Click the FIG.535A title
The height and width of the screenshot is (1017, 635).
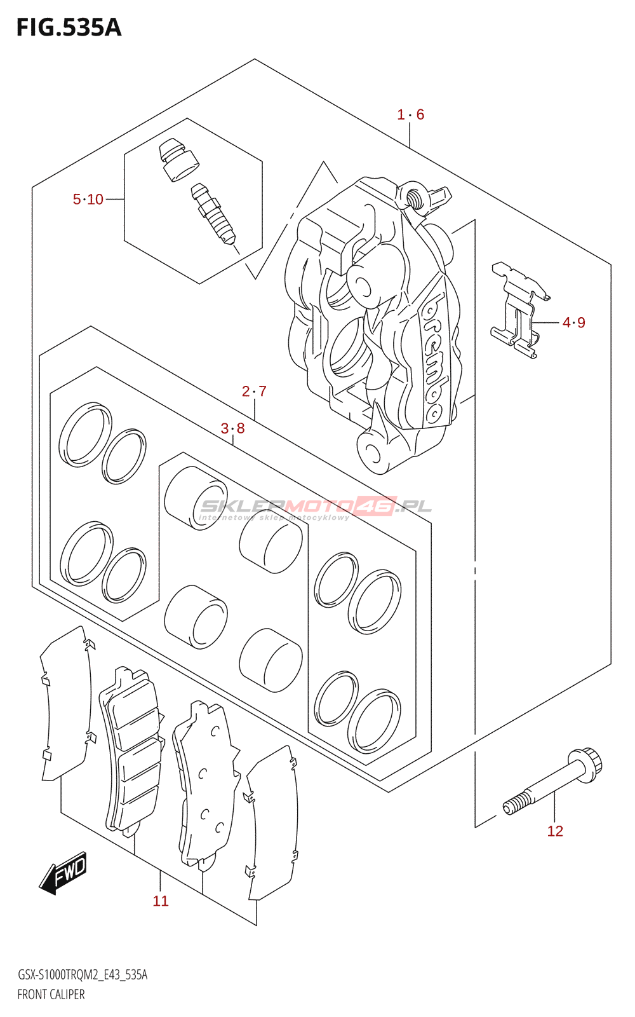[x=69, y=28]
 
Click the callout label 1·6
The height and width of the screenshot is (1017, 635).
[x=411, y=114]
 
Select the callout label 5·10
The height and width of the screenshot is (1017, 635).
[x=88, y=200]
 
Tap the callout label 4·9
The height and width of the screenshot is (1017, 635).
[x=574, y=323]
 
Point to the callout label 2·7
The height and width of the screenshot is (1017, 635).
[x=254, y=392]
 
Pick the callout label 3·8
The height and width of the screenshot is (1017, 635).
[x=232, y=428]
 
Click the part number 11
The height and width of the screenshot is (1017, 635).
[x=161, y=901]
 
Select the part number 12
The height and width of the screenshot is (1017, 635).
[x=555, y=831]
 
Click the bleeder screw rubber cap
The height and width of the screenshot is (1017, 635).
[x=178, y=159]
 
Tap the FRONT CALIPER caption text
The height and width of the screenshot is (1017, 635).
[x=51, y=995]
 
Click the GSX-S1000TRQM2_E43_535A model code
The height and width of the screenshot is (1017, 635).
[x=83, y=975]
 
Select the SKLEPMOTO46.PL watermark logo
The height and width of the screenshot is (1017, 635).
[x=316, y=507]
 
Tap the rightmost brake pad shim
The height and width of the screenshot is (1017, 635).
[x=273, y=823]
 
